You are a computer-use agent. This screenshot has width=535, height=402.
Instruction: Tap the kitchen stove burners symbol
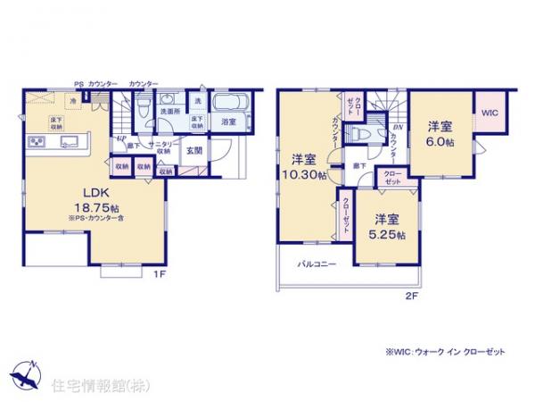pyautogui.click(x=38, y=141)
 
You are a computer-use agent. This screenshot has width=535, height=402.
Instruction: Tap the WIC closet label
pyautogui.click(x=490, y=113)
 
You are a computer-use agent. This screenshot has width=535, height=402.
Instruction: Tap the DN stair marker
pyautogui.click(x=397, y=128)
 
